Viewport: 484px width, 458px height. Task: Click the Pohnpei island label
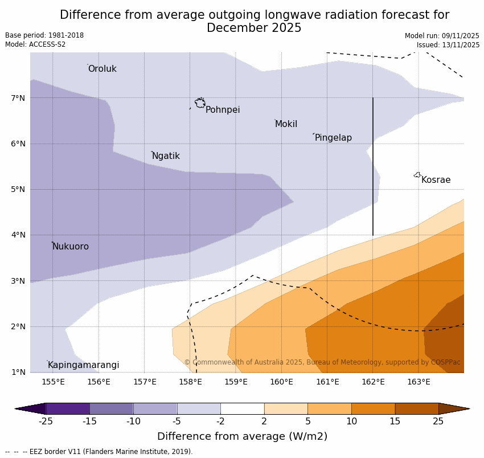click(x=223, y=110)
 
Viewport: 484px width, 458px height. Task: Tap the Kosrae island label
click(x=436, y=180)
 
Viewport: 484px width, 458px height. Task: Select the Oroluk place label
click(x=102, y=69)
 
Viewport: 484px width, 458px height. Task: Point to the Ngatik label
click(x=166, y=156)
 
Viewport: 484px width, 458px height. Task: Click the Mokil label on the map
click(x=286, y=124)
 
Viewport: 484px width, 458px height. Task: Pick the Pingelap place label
click(x=333, y=138)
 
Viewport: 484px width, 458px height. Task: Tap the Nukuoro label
click(x=71, y=247)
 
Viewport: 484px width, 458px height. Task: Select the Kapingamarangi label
click(x=83, y=365)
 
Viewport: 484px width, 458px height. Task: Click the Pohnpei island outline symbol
click(x=200, y=103)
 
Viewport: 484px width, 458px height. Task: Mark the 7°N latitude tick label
click(x=18, y=98)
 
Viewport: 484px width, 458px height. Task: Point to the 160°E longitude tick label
click(x=281, y=382)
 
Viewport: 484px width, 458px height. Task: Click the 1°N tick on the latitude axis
click(x=18, y=372)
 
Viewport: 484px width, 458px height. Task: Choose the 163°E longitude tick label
click(x=419, y=382)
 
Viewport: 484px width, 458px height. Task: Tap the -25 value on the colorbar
click(x=46, y=422)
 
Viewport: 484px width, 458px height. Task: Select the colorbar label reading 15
click(x=395, y=422)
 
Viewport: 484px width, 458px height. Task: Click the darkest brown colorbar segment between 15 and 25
click(x=417, y=408)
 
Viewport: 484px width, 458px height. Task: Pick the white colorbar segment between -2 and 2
click(x=242, y=408)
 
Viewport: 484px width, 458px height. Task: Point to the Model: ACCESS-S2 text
click(x=35, y=44)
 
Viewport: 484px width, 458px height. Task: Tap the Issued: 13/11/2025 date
click(x=448, y=44)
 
